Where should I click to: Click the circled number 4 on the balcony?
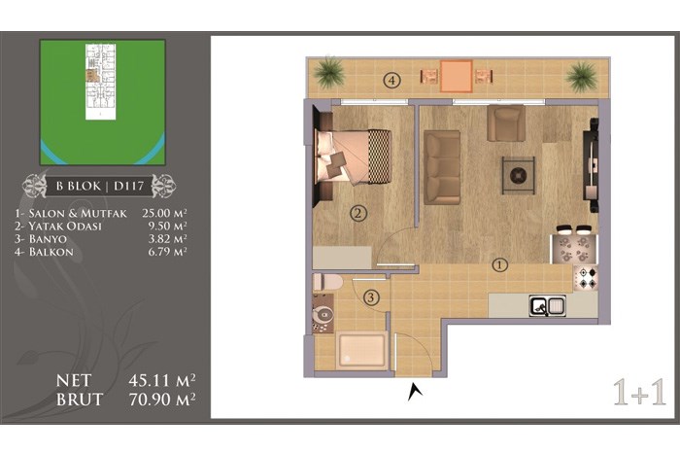391,81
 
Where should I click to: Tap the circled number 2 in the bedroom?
358,214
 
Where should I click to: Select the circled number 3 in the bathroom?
371,298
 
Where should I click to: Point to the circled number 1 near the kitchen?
500,264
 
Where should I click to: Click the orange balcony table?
457,76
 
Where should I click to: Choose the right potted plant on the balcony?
581,77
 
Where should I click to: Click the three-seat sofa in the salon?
442,167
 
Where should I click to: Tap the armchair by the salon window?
506,122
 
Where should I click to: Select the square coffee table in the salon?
518,175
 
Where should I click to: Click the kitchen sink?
547,304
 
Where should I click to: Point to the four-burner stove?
586,278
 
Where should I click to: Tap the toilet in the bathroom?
328,282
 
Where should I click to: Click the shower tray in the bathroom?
361,350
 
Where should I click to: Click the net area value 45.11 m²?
162,380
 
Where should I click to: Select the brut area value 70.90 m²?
162,400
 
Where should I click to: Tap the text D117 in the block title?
128,186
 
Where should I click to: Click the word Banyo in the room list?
48,239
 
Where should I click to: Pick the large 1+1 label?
639,393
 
